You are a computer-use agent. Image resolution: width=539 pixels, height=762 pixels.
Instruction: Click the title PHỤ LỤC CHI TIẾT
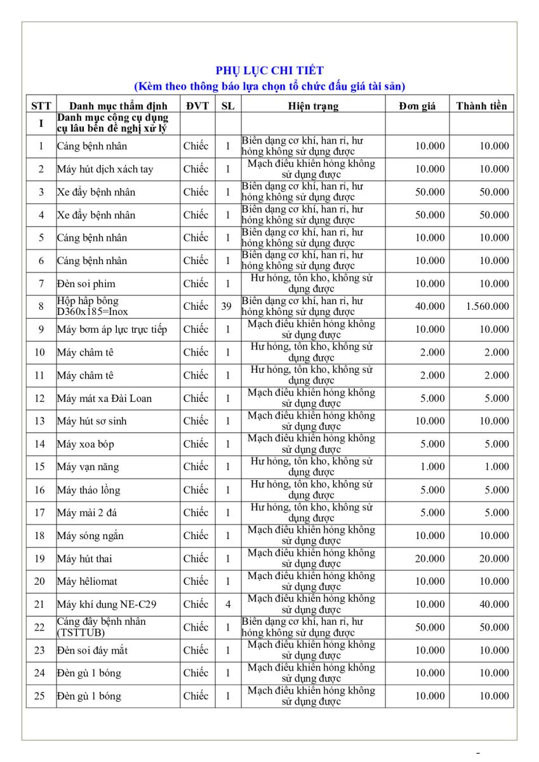tap(270, 70)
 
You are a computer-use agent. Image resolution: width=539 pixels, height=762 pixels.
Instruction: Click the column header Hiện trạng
tap(312, 106)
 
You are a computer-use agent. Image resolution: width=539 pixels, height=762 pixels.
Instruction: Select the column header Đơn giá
tap(417, 106)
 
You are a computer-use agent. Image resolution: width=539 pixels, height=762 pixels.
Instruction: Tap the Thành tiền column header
tap(481, 106)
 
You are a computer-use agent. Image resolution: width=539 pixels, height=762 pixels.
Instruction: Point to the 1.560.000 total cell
tap(487, 307)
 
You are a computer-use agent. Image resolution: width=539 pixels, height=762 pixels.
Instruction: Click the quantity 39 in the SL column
tap(227, 307)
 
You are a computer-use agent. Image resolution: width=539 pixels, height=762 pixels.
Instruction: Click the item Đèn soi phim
tap(86, 284)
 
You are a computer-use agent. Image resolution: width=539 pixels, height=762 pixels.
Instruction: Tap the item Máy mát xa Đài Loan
tap(104, 399)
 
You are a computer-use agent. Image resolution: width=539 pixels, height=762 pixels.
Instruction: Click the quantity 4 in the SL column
tap(227, 605)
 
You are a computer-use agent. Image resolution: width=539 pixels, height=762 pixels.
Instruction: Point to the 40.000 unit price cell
tap(430, 307)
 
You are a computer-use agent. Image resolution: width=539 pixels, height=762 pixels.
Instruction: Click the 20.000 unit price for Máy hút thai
tap(430, 559)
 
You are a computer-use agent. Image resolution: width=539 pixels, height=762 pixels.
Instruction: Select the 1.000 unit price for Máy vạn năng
tap(432, 467)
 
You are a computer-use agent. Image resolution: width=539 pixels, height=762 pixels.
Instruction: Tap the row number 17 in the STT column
tap(40, 513)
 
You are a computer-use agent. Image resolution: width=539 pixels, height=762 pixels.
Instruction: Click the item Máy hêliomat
tap(87, 582)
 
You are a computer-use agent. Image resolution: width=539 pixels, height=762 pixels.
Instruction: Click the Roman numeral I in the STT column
tap(41, 123)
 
